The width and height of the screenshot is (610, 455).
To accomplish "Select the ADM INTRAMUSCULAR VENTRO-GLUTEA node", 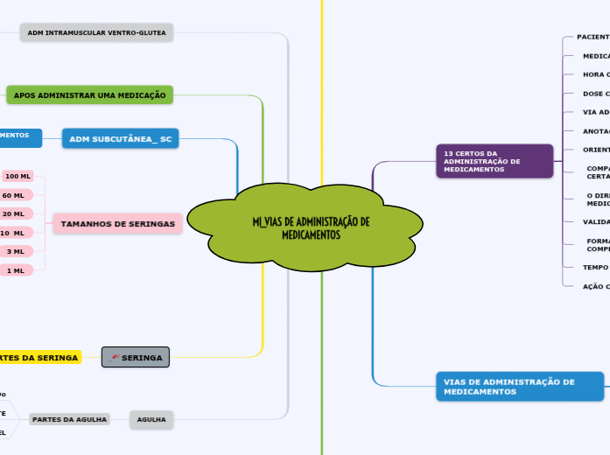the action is pos(96,32).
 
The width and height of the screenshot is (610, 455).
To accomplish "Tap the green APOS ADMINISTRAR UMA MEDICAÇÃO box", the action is pos(89,94).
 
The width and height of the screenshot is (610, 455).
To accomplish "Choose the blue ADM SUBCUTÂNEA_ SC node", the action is pos(120,138).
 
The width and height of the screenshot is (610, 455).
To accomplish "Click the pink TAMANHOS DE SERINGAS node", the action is pos(117,224).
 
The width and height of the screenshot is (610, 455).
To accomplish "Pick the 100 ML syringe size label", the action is pos(18,176).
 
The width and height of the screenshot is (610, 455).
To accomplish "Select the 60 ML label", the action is pos(14,195).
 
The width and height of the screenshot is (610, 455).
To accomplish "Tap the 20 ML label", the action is pos(14,213).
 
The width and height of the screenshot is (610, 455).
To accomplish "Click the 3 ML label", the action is pos(16,251).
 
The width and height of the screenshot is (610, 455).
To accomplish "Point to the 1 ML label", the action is pos(16,270).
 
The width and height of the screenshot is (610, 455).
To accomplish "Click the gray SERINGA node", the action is pos(136,357).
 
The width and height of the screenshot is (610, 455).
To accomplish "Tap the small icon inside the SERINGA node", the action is pos(115,357).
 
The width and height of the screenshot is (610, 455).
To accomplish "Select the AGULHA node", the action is pos(151,420).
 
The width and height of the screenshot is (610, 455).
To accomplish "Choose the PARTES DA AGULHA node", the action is pos(69,420).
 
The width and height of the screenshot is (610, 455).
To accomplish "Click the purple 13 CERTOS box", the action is pos(494,161).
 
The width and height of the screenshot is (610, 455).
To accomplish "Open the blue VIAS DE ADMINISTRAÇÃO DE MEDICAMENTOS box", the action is pos(519,386).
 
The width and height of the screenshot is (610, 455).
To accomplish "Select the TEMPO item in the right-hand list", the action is pos(596,267).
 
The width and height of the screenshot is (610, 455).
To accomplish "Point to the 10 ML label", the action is pos(14,233).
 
